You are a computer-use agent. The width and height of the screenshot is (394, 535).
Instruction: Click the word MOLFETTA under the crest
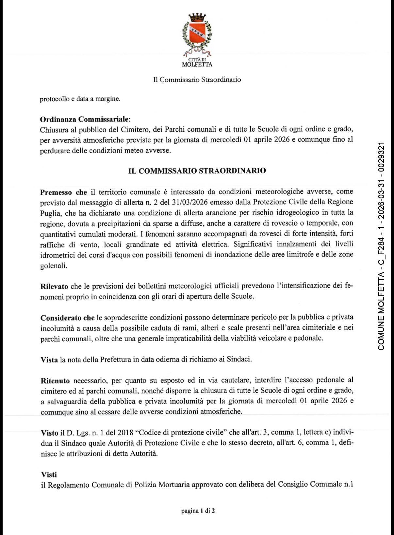tap(197, 65)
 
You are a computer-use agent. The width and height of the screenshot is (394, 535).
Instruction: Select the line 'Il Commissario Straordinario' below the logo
tap(197, 79)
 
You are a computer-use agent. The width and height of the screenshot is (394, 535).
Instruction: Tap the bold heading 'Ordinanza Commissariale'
tap(84, 119)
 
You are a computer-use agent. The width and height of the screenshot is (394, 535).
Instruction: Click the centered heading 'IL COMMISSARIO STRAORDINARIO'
tap(197, 171)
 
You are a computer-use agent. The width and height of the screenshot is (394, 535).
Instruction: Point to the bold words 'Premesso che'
tap(63, 192)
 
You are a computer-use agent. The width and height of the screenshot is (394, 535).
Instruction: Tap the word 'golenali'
tap(54, 266)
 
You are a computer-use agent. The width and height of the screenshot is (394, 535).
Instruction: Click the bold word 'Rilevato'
tap(54, 287)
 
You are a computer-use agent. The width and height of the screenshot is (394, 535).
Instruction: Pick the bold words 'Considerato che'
tap(67, 318)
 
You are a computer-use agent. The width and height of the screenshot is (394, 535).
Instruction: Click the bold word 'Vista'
tap(49, 360)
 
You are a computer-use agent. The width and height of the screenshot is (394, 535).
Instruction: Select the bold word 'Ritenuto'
tap(55, 381)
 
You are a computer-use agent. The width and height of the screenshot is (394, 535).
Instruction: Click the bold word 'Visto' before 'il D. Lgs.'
tap(49, 433)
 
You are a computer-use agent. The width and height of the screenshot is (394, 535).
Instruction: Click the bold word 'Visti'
tap(49, 475)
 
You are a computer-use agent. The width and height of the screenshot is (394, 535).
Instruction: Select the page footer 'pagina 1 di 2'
tap(198, 510)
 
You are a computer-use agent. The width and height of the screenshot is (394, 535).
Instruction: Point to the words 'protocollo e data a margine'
tap(80, 99)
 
